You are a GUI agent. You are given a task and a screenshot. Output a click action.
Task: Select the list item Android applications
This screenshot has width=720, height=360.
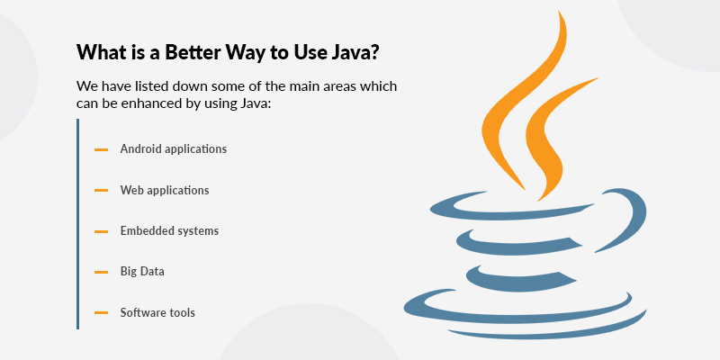point(173,148)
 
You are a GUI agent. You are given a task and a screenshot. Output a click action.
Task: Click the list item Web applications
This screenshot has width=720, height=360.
point(165,191)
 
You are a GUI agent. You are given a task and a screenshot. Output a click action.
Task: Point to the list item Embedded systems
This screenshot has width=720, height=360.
point(169,231)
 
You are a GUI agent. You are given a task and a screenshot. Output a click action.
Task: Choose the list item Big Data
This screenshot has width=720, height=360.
point(142,271)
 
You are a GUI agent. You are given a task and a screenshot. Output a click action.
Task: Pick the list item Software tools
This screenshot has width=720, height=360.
point(157,312)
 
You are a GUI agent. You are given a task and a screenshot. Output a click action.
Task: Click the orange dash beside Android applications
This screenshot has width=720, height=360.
point(101,149)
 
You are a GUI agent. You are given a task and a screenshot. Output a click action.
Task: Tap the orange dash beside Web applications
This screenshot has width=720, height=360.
point(101,191)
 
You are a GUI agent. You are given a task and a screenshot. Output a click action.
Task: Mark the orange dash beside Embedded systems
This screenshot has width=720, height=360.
point(101,231)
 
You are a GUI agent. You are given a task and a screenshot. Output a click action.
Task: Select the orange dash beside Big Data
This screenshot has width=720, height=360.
point(101,272)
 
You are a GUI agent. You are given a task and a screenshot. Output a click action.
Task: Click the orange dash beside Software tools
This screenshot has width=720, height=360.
point(101,313)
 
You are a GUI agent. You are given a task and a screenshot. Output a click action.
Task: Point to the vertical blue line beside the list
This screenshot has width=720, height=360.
point(78,225)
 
